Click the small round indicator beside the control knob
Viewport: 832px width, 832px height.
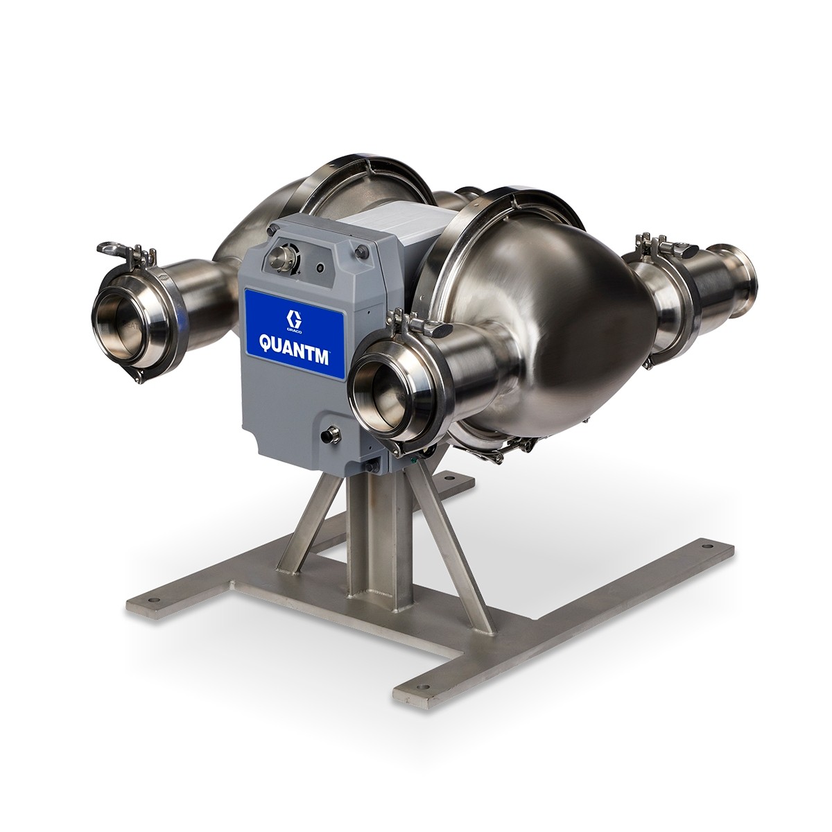(x=320, y=267)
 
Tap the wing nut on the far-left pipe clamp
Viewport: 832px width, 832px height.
(x=110, y=248)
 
